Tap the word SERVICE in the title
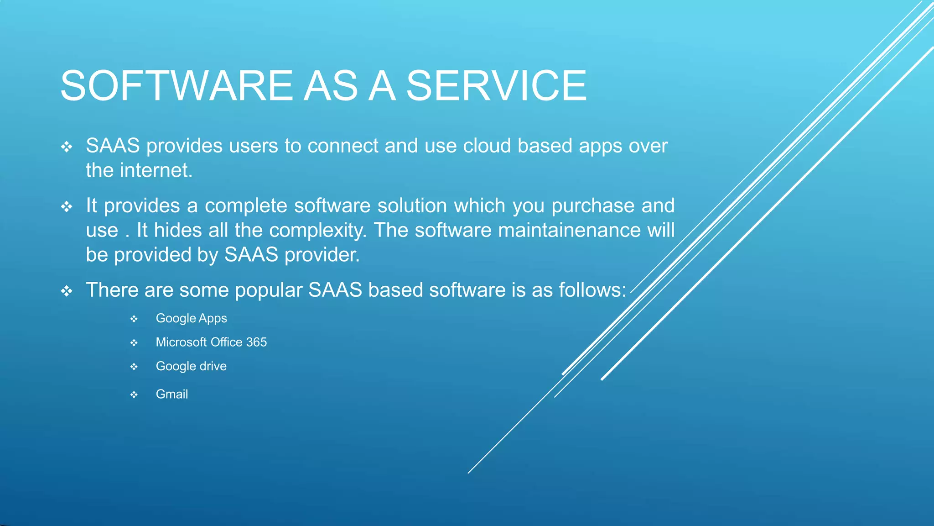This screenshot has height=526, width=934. click(x=496, y=86)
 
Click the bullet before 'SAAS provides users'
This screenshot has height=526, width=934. click(x=67, y=147)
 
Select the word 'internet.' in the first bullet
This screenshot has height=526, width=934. click(x=156, y=170)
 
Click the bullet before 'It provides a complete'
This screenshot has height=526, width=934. click(x=67, y=207)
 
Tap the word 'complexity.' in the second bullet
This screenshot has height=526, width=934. click(x=318, y=230)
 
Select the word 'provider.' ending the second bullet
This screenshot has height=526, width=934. click(x=322, y=255)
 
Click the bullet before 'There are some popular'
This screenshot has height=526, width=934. click(x=67, y=291)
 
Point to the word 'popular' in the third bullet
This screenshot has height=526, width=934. click(x=269, y=290)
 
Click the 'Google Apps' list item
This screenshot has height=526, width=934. click(x=191, y=318)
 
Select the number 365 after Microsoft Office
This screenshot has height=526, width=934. click(x=256, y=342)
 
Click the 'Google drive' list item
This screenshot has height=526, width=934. click(x=191, y=366)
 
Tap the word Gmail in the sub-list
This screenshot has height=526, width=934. click(x=172, y=394)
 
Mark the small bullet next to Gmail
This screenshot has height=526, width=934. click(x=134, y=394)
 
